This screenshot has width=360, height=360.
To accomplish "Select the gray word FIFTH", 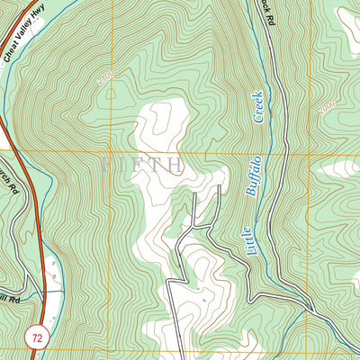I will (x=143, y=166).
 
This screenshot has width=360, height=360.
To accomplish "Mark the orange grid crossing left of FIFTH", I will (x=112, y=151).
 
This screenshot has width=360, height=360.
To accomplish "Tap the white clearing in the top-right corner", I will (x=347, y=20).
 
